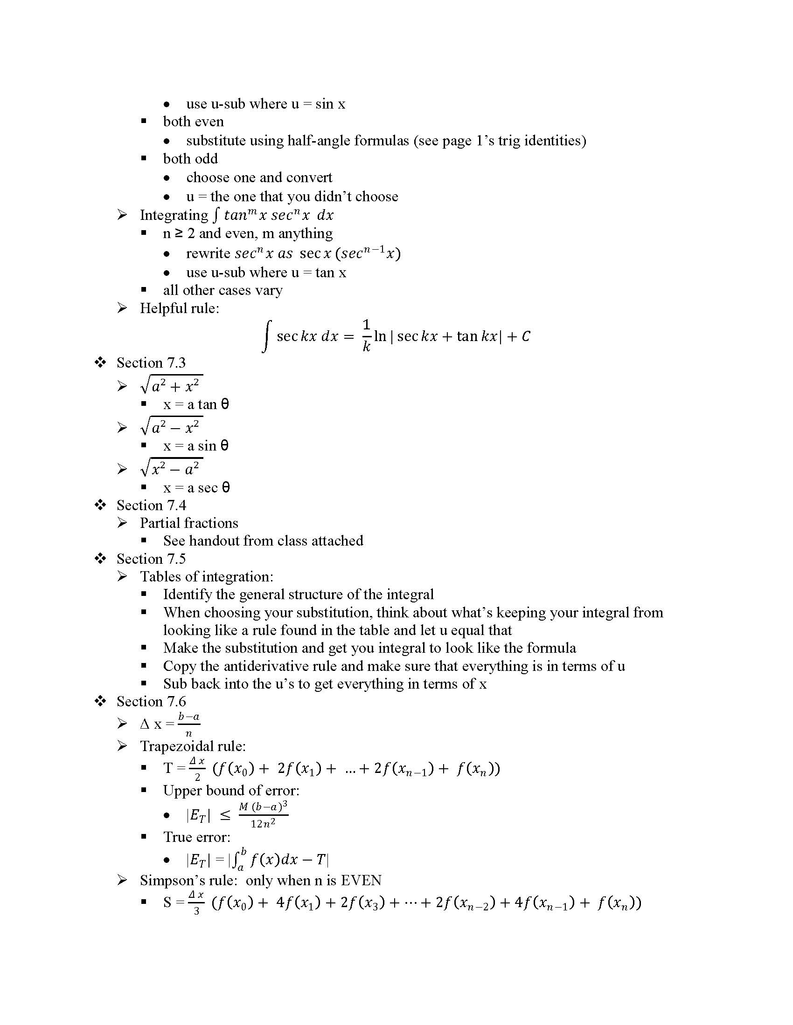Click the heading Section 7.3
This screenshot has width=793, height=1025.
[x=151, y=363]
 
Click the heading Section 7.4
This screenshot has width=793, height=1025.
[x=151, y=506]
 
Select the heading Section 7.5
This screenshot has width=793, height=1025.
[x=151, y=559]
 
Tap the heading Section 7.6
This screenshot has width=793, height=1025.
[x=151, y=702]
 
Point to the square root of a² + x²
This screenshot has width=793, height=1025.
[x=172, y=386]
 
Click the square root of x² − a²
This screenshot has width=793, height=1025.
[x=172, y=468]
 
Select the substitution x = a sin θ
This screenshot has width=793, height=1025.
[x=196, y=446]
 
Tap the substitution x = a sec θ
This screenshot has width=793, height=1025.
[x=196, y=488]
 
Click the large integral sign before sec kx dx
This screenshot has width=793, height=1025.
[x=266, y=336]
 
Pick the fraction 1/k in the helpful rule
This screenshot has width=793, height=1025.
[x=367, y=335]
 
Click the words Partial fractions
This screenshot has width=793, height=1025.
[x=189, y=523]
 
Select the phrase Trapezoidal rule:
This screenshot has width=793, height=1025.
[x=193, y=746]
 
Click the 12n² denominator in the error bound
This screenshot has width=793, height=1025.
[x=263, y=824]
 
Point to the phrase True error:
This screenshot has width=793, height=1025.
[x=197, y=837]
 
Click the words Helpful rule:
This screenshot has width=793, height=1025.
[x=180, y=308]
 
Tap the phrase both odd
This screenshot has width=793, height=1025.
[x=190, y=159]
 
